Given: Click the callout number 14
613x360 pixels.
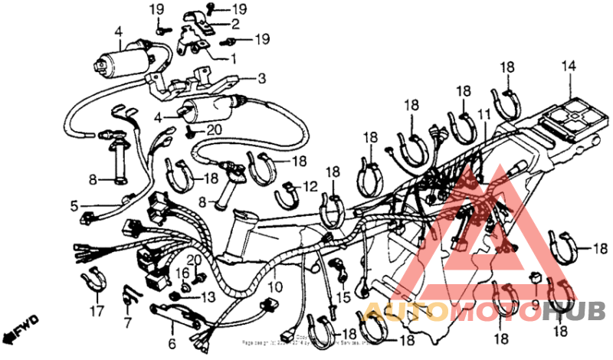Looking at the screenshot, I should coord(567,66).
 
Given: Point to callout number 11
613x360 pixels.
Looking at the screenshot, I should coord(484,113).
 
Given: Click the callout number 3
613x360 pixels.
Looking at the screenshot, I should coord(261,78).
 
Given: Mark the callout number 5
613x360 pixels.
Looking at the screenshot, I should coord(74,205).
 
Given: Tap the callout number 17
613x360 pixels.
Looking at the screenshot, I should coord(96,312).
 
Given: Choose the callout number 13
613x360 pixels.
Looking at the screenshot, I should coord(209,296).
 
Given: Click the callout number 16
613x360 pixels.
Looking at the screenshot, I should coord(182,273).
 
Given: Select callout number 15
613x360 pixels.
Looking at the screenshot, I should coord(342,296).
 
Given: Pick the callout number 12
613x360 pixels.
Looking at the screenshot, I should coord(310,186).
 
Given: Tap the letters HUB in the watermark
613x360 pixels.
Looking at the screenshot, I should coord(579,311).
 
